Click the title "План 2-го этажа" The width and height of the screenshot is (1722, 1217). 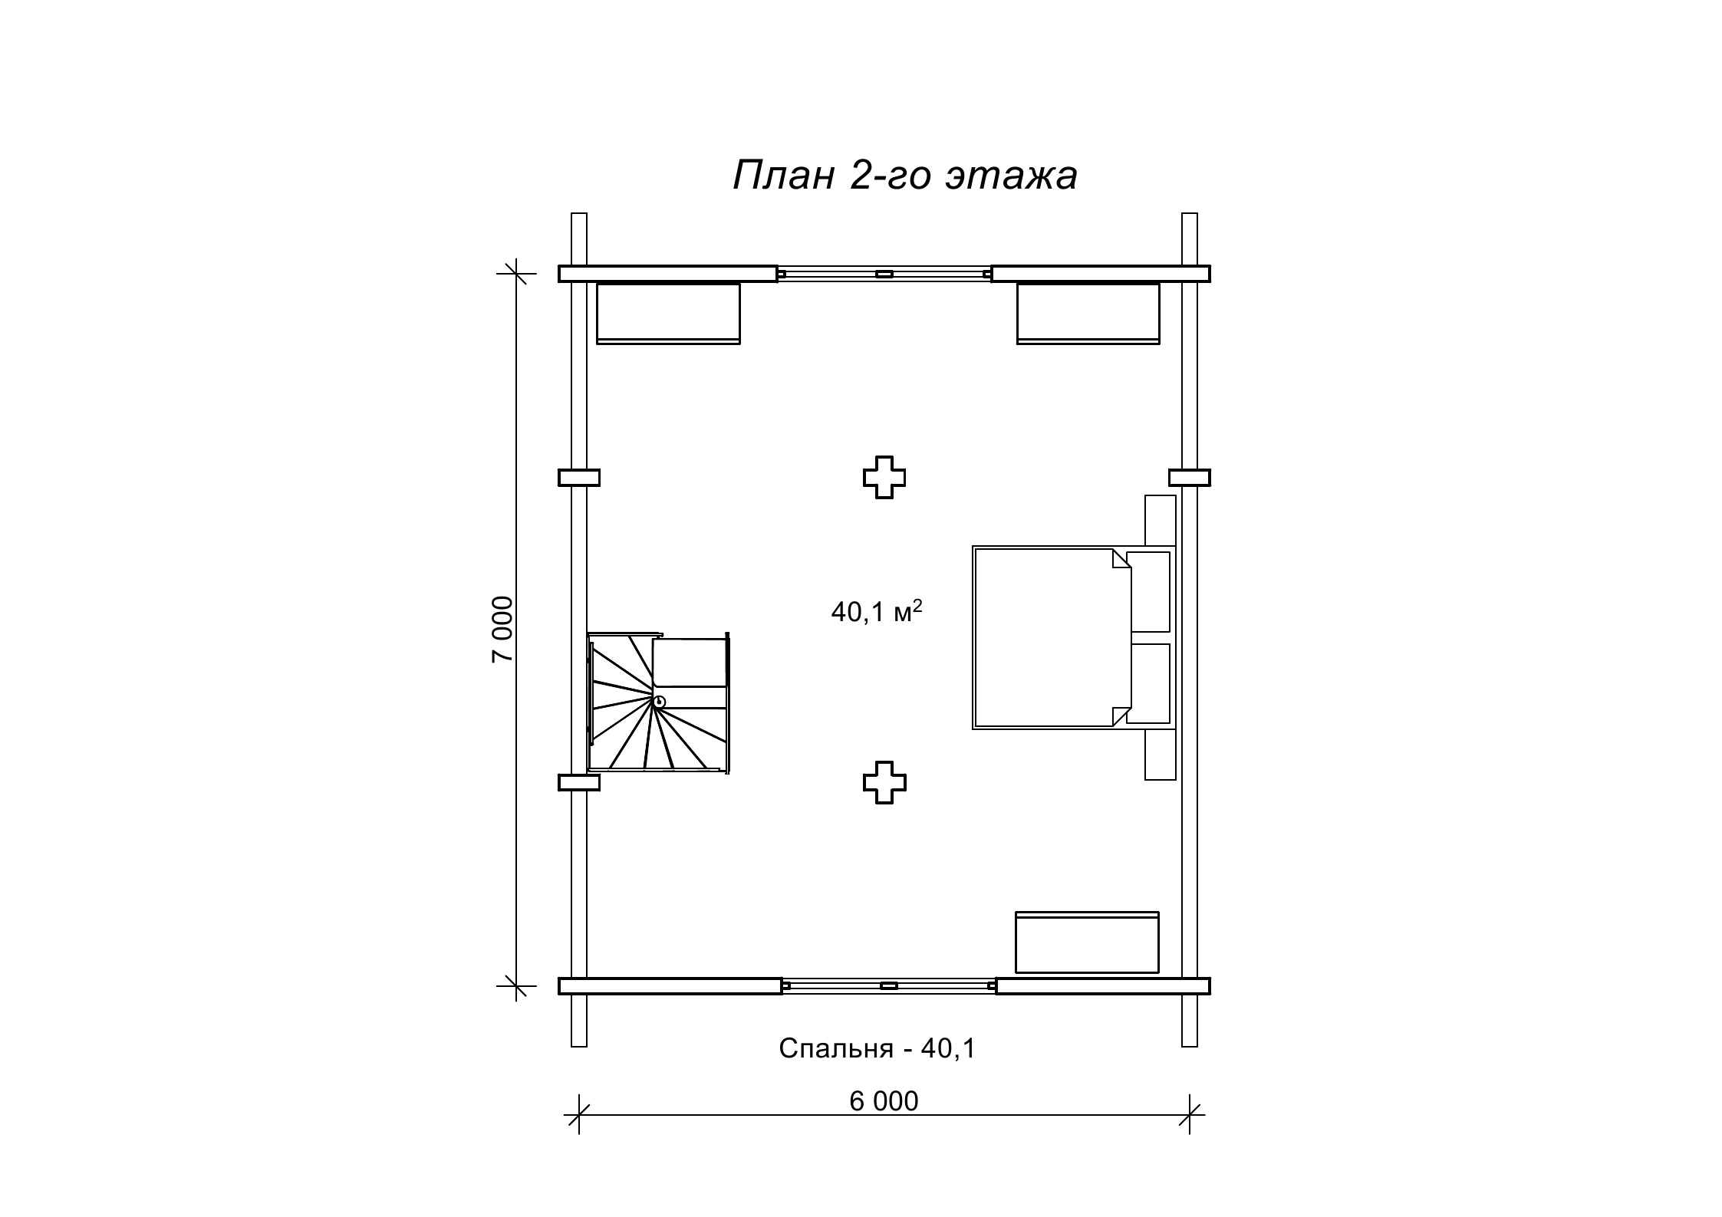pos(905,176)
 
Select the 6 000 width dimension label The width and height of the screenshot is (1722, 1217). pos(884,1101)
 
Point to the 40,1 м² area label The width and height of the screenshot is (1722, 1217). pos(877,611)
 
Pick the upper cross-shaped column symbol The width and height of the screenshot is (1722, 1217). pos(884,478)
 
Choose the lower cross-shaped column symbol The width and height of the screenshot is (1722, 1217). pos(884,783)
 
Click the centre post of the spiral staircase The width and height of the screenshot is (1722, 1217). pos(659,701)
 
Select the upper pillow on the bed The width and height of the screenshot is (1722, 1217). pos(1148,591)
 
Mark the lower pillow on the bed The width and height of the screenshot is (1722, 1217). pos(1148,683)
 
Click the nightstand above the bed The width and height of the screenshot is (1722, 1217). pos(1161,521)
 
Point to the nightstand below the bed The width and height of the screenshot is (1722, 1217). pos(1161,755)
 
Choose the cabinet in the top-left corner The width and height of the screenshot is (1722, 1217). pos(668,314)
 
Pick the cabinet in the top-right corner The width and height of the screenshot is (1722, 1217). pos(1088,314)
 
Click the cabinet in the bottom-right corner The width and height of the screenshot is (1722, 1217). pos(1087,942)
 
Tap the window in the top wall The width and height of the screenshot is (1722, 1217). pos(884,274)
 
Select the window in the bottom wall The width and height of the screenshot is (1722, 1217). pos(889,986)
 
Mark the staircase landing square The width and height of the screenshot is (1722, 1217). pos(689,663)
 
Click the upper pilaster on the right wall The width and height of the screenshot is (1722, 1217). pos(1190,478)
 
